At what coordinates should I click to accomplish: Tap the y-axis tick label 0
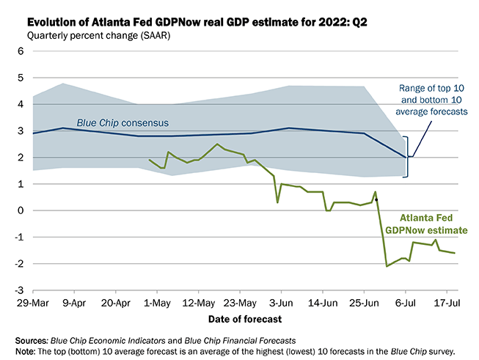point(21,211)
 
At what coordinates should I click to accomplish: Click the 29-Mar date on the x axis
point(34,301)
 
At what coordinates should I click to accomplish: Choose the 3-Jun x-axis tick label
point(282,301)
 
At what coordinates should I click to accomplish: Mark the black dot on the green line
point(376,199)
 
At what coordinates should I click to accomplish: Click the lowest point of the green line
point(387,266)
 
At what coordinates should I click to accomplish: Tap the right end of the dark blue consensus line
point(406,157)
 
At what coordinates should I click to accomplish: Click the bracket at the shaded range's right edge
point(408,157)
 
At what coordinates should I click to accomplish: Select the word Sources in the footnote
point(32,340)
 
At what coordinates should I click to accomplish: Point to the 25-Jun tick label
point(365,301)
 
